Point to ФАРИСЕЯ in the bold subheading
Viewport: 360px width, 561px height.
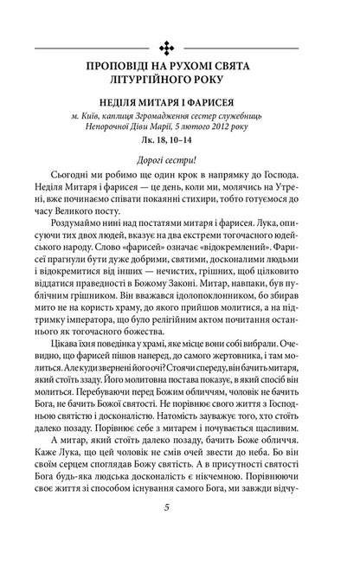[x=229, y=112]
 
